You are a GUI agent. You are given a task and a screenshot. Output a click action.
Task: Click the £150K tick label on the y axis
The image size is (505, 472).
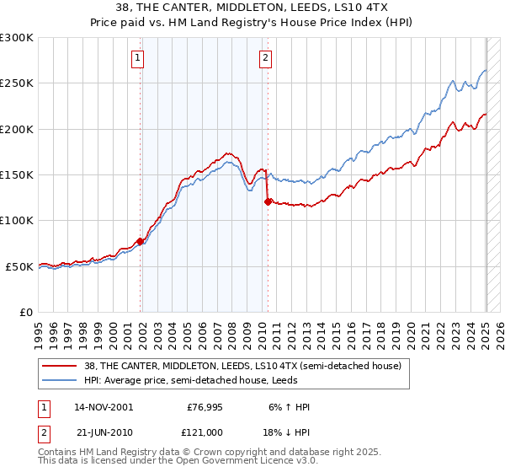(x=16, y=175)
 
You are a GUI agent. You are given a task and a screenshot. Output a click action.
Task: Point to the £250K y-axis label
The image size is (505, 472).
(x=16, y=83)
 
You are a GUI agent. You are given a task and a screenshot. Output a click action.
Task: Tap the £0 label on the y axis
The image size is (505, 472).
(x=25, y=313)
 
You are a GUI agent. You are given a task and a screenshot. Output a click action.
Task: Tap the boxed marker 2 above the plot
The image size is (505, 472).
(x=265, y=58)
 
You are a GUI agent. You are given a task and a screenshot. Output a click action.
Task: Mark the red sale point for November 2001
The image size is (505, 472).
(x=141, y=242)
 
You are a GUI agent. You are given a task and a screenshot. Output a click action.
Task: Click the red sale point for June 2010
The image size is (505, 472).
(x=268, y=201)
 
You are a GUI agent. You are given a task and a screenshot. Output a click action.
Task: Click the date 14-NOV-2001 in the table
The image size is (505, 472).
(x=104, y=407)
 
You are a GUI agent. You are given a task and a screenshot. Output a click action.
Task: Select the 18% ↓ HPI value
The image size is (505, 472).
(x=284, y=431)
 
